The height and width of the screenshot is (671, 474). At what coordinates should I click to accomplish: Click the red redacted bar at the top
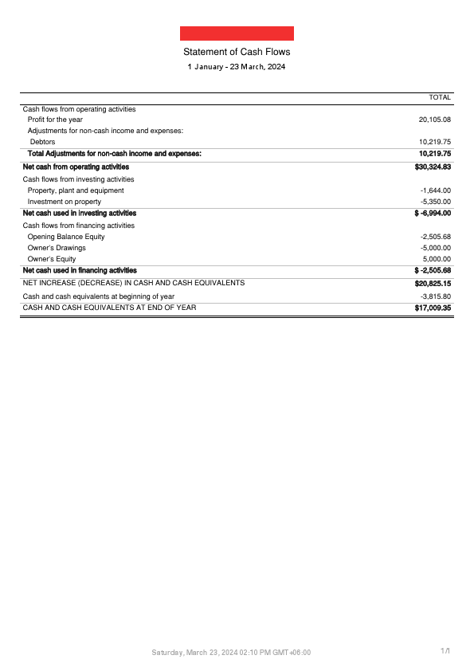click(x=237, y=33)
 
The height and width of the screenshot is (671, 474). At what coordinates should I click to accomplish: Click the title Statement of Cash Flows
click(x=237, y=52)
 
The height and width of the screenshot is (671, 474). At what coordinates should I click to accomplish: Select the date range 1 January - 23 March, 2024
click(x=237, y=67)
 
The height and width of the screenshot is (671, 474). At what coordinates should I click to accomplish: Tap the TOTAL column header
click(x=440, y=97)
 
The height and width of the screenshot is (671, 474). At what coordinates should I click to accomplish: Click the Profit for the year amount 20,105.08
click(x=435, y=120)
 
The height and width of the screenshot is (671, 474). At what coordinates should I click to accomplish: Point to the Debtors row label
click(x=42, y=142)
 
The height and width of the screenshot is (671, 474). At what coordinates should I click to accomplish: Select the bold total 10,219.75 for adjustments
click(x=435, y=153)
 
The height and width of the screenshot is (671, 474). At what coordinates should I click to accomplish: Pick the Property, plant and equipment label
click(x=76, y=190)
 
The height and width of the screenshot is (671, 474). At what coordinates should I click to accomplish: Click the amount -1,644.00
click(x=436, y=190)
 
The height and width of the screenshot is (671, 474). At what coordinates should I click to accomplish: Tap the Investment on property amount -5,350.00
click(x=436, y=202)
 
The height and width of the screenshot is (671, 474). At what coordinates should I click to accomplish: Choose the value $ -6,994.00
click(x=433, y=214)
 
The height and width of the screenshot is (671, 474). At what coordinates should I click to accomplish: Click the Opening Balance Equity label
click(x=66, y=237)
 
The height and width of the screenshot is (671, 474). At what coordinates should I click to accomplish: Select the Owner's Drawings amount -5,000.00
click(x=436, y=248)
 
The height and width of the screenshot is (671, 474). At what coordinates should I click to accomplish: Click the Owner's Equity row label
click(x=52, y=259)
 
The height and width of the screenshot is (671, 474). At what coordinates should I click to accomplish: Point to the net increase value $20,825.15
click(x=433, y=284)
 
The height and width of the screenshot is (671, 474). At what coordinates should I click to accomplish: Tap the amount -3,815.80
click(x=436, y=296)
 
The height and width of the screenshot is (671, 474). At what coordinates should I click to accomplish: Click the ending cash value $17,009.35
click(x=433, y=308)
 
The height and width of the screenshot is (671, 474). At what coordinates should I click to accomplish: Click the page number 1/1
click(x=446, y=652)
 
